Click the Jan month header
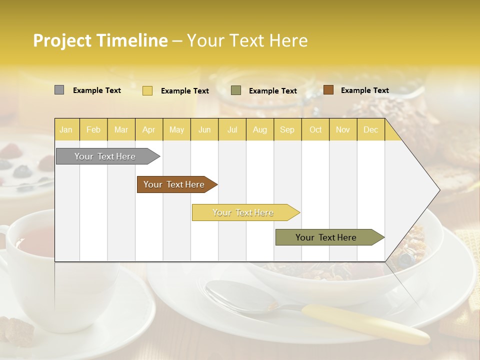66,130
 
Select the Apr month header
149,130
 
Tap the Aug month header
259,130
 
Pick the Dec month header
370,130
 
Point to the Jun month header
204,130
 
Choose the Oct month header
315,130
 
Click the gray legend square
59,90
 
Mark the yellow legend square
147,90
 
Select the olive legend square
236,90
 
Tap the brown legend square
328,90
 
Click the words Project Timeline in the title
100,40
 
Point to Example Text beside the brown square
364,90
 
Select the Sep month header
287,130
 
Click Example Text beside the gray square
96,90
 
